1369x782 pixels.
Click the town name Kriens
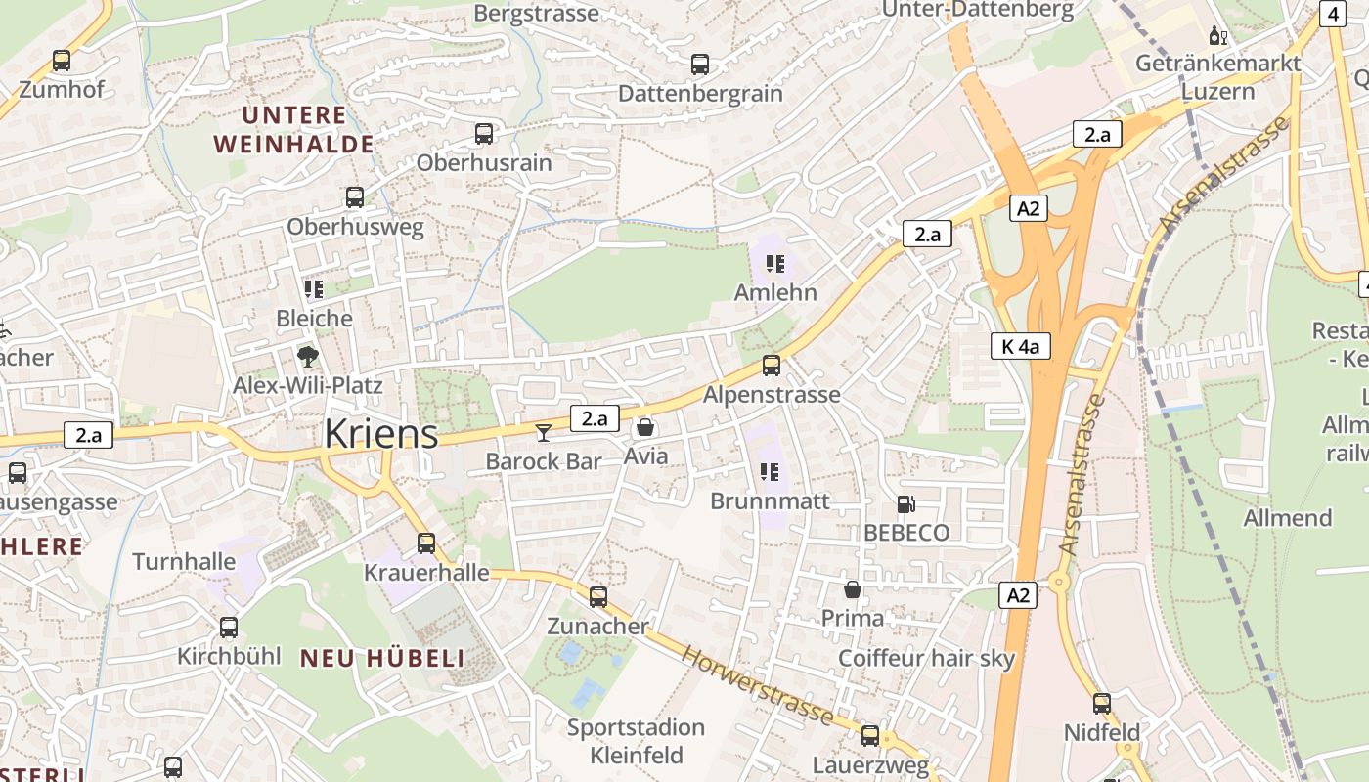coord(381,433)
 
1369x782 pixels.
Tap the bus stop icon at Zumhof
coord(62,61)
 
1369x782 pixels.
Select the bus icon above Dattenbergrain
coord(700,65)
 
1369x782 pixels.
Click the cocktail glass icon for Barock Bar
coord(544,431)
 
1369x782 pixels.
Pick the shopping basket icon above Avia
coord(645,427)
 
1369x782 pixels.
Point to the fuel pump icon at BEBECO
coord(906,504)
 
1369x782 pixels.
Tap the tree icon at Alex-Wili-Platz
coord(308,356)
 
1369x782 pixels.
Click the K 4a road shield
coord(1020,346)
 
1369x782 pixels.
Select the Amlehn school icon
coord(775,264)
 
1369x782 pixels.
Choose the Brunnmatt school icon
coord(770,472)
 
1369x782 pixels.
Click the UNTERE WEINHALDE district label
coord(293,130)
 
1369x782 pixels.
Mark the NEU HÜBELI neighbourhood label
coord(382,658)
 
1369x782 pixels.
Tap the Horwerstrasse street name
coord(758,685)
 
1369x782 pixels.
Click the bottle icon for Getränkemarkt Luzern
coord(1217,36)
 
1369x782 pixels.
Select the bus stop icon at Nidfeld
coord(1102,703)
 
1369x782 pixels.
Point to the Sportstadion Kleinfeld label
coord(637,741)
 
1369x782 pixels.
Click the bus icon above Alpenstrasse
coord(772,366)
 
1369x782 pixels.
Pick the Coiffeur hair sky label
coord(927,658)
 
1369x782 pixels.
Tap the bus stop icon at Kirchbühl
coord(229,628)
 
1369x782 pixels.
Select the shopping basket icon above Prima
coord(853,589)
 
